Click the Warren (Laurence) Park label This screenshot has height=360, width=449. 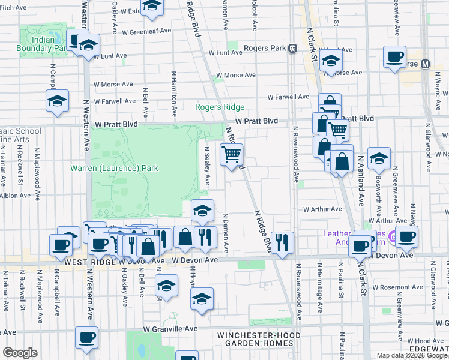tap(114, 168)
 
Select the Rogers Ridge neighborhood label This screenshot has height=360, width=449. tap(220, 107)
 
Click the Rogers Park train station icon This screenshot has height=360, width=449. tap(292, 49)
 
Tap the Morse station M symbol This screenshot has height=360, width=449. tap(426, 64)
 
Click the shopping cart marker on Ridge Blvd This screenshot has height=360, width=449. tap(231, 155)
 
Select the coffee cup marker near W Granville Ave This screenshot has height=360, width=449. tap(86, 338)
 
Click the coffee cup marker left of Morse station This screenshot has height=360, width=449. tap(394, 58)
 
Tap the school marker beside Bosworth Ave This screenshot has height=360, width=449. tap(379, 159)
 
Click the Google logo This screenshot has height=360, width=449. tap(20, 353)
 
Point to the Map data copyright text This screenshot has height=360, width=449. tap(412, 355)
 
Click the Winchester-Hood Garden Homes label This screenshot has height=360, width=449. tap(255, 339)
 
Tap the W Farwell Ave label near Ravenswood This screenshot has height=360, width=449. tap(288, 96)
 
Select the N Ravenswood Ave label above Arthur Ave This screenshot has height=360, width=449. tap(296, 155)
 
